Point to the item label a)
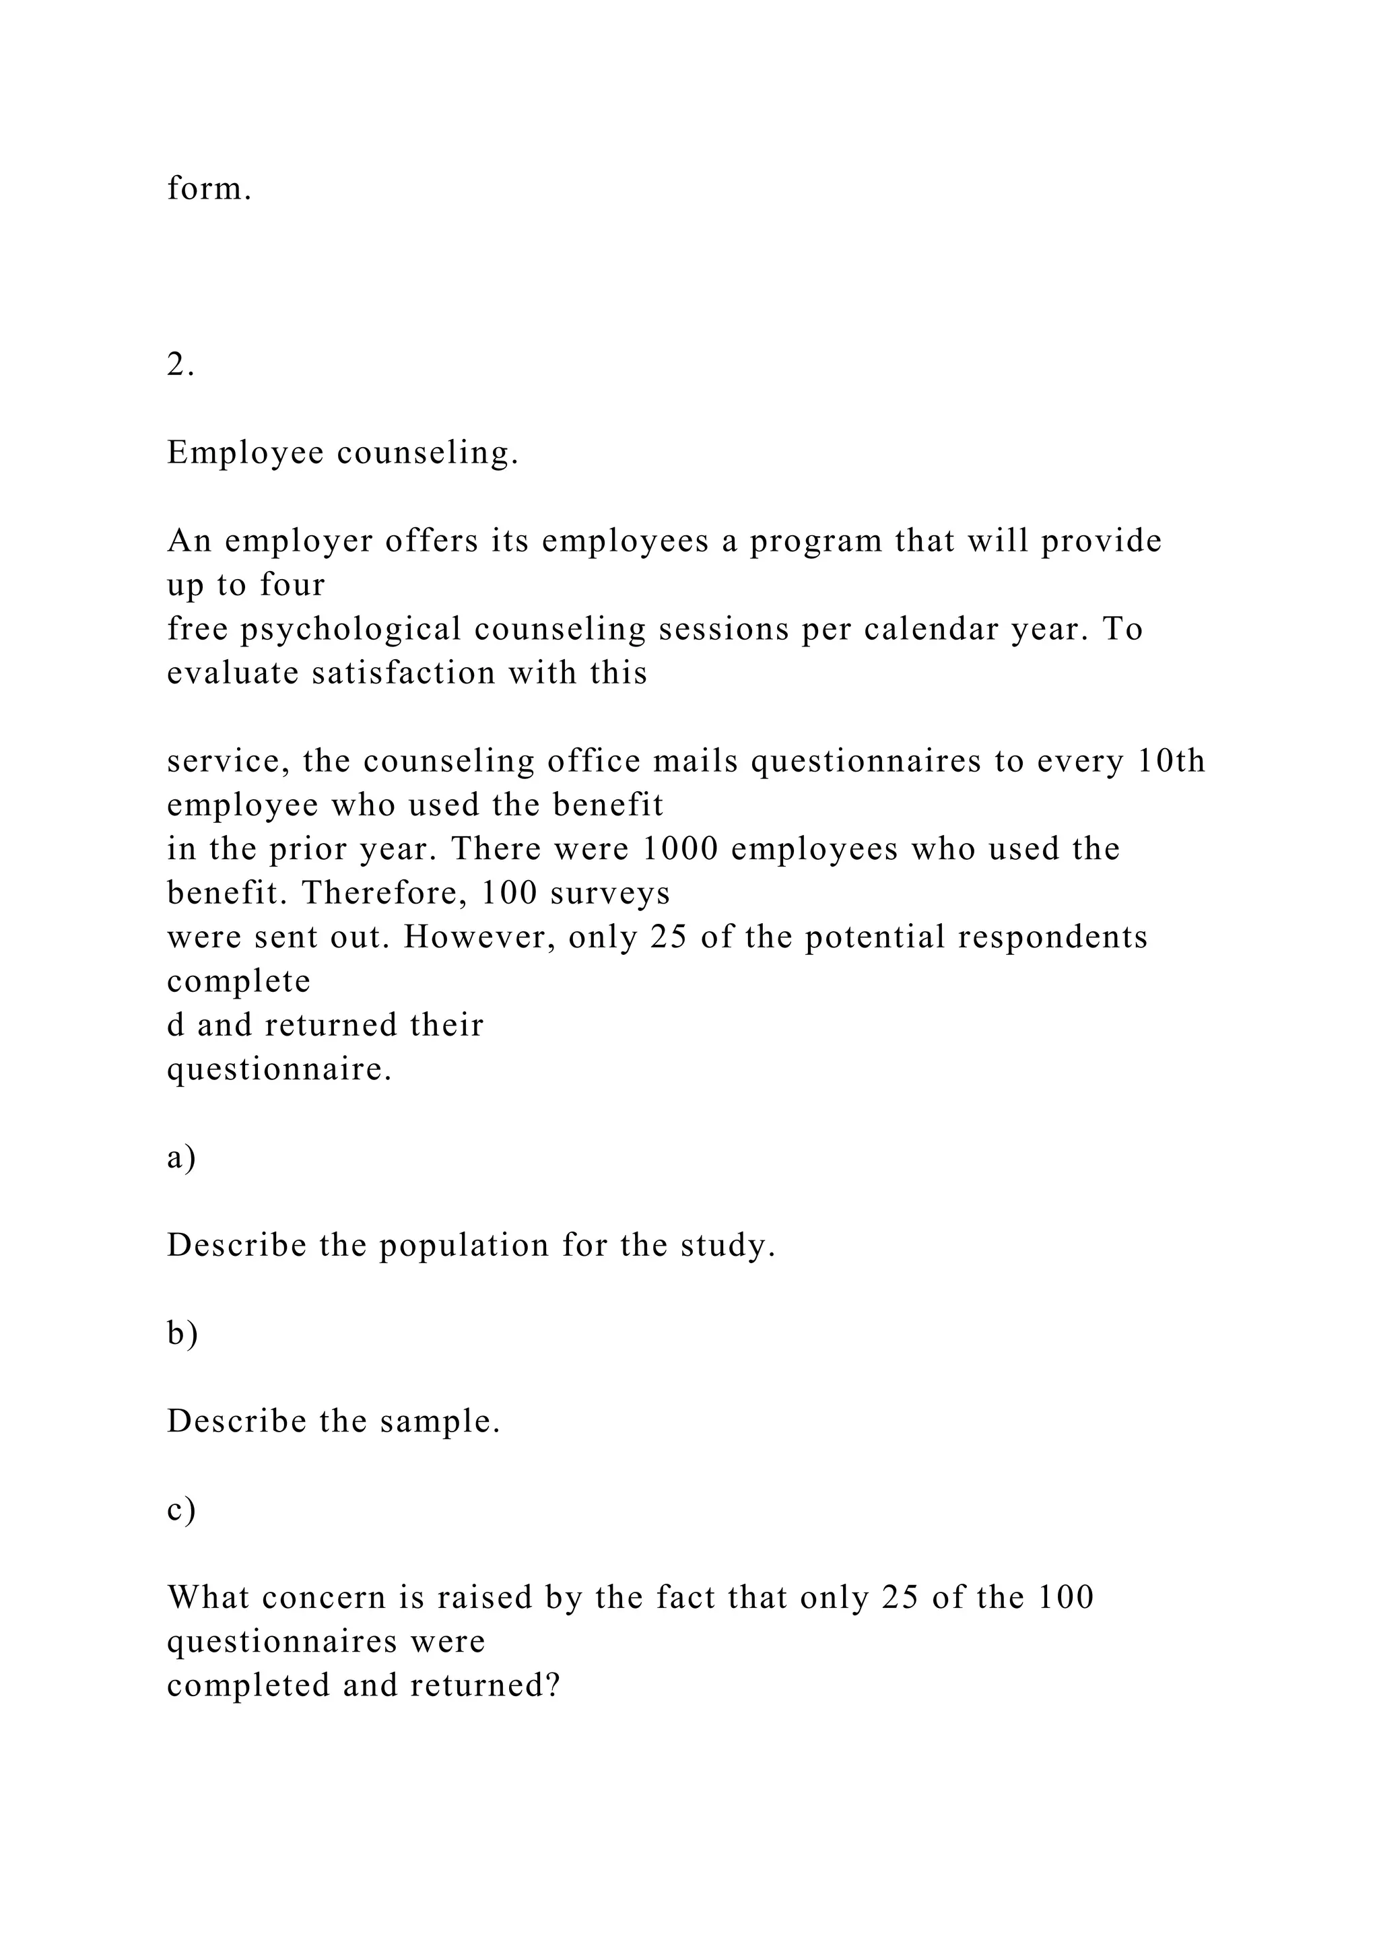tap(181, 1157)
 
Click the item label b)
tap(182, 1335)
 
